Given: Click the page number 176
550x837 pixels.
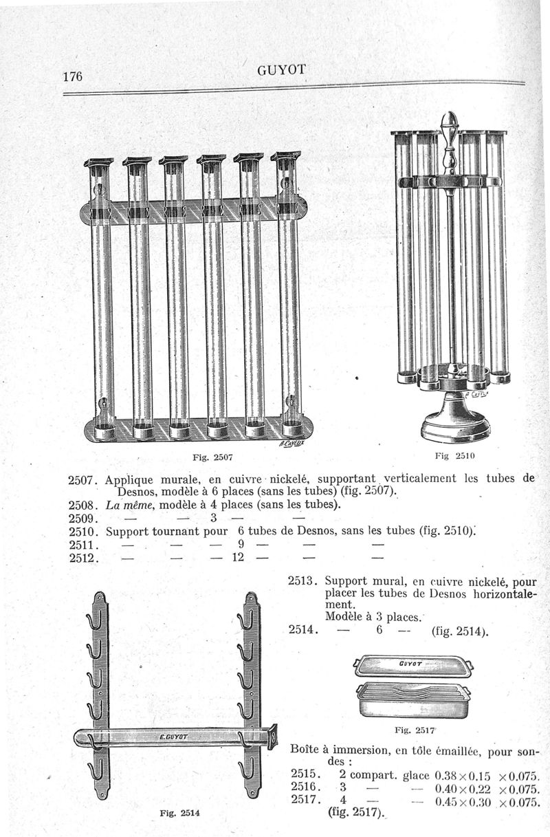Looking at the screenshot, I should pyautogui.click(x=74, y=76).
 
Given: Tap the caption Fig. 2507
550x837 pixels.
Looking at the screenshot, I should pyautogui.click(x=215, y=456).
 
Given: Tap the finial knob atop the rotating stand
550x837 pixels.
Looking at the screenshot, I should pyautogui.click(x=448, y=127).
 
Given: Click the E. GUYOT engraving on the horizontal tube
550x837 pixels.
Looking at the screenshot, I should pyautogui.click(x=174, y=738).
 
